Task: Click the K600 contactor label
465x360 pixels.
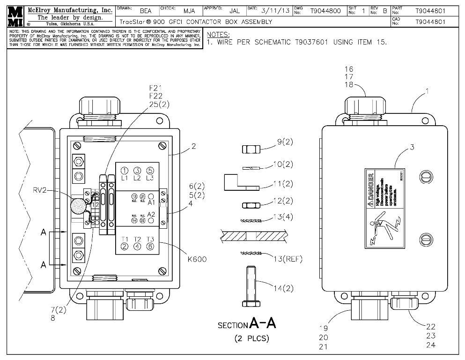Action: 198,259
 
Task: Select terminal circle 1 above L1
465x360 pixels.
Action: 125,171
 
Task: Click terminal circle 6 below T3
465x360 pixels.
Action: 150,247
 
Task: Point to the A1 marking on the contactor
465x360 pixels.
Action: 151,203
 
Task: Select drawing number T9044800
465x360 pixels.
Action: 325,11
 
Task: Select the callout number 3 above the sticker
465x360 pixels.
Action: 412,147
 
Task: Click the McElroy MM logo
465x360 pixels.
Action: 14,17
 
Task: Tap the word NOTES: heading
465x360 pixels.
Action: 218,35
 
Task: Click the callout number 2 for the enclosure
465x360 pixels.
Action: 193,146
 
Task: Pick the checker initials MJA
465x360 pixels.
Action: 189,11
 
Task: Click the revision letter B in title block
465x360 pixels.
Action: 384,11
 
